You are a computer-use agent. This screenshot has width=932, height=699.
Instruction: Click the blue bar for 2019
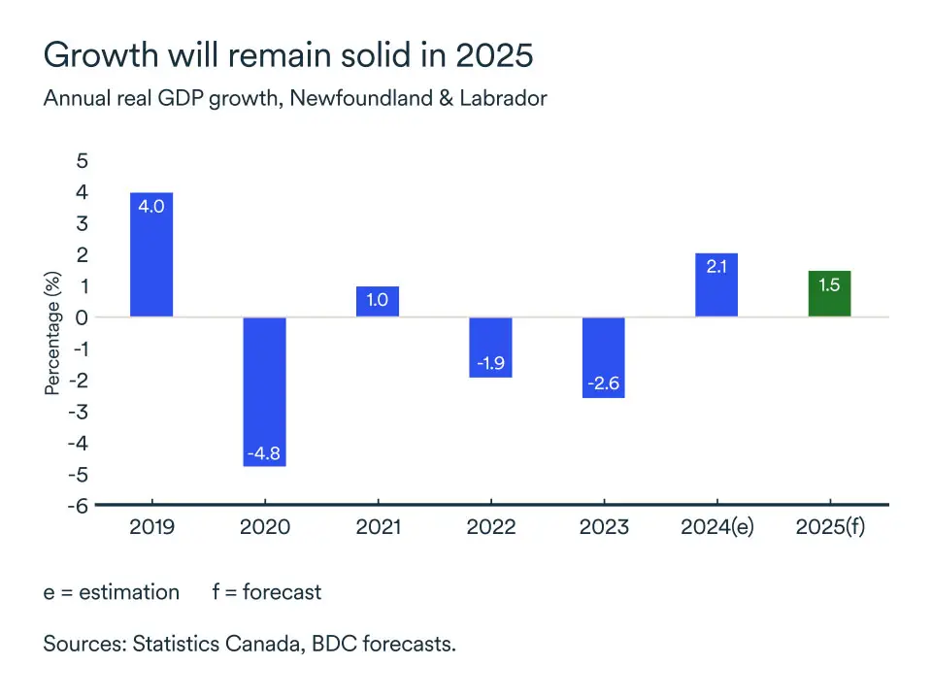tap(151, 254)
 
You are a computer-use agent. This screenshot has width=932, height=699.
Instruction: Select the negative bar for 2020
tap(264, 391)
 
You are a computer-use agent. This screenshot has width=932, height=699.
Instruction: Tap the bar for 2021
tap(377, 301)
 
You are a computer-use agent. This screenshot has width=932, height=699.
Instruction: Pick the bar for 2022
tap(490, 347)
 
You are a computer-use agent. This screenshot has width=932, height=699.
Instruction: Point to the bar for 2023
tap(603, 357)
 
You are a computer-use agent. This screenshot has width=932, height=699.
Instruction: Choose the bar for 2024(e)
tap(716, 284)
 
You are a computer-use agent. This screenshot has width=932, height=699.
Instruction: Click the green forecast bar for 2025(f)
tap(829, 293)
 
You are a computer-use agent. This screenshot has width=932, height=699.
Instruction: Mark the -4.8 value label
tap(264, 453)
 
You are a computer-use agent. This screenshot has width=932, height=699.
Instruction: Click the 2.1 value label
tap(716, 266)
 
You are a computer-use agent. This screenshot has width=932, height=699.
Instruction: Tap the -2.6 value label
tap(603, 384)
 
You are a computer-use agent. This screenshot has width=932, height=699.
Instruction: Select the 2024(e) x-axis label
tap(716, 527)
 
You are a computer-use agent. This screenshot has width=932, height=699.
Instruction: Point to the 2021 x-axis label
tap(377, 527)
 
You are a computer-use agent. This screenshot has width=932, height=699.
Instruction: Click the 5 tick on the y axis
tap(82, 161)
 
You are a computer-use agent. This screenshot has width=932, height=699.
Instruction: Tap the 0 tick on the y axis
tap(82, 317)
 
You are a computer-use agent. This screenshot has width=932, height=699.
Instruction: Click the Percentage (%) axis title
tap(52, 333)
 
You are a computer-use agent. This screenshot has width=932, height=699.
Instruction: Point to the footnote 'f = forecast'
tap(266, 591)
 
